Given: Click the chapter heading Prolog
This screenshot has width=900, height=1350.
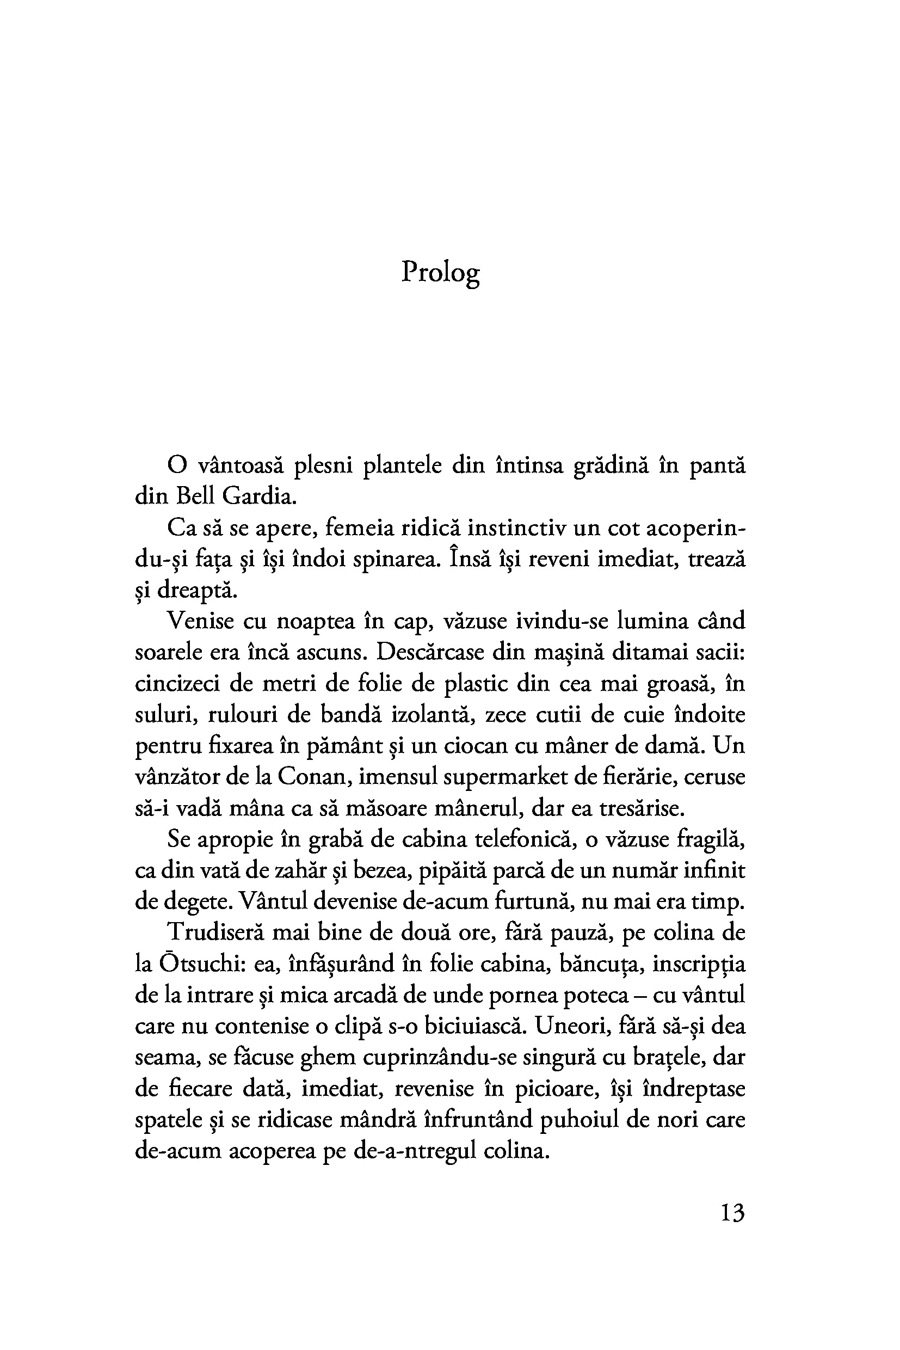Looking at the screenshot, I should [x=440, y=272].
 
